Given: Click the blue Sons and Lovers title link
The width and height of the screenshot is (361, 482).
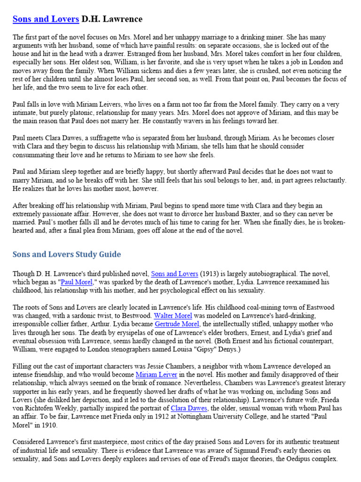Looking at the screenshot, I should click(46, 19).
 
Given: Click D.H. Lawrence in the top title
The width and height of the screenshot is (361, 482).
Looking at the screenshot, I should click(112, 19).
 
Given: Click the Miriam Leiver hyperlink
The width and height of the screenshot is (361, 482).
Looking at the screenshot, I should click(157, 375).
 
